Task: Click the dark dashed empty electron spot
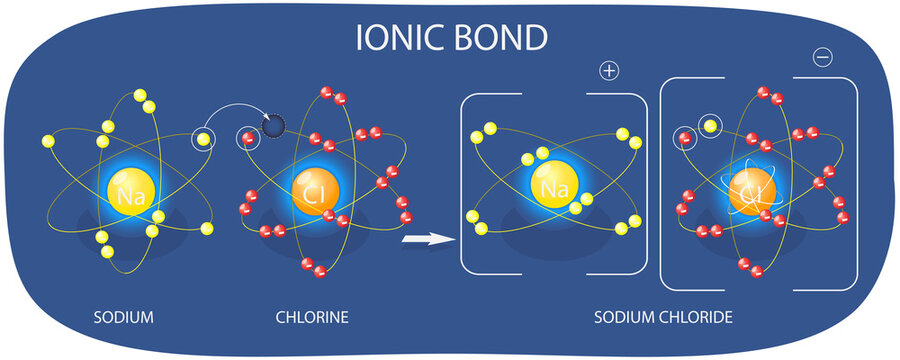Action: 272,126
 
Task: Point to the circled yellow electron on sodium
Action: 203,139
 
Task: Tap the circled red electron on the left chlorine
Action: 246,139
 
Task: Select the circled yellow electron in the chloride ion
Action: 710,126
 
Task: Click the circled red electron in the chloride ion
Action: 685,139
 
